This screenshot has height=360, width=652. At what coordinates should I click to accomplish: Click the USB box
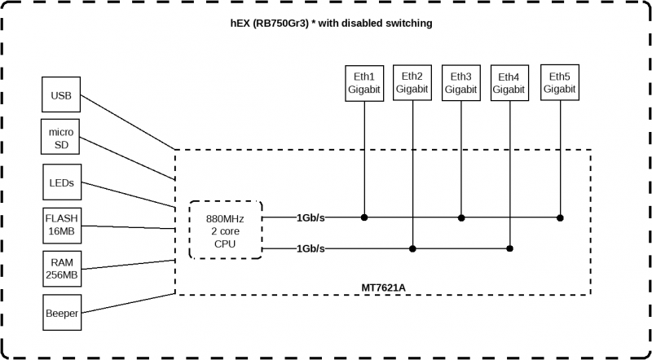click(61, 95)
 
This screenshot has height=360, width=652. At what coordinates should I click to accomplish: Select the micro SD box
click(61, 138)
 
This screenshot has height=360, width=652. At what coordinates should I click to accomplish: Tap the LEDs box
click(61, 182)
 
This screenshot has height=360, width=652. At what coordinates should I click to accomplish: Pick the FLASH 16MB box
click(61, 226)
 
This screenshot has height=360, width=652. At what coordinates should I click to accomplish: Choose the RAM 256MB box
click(61, 270)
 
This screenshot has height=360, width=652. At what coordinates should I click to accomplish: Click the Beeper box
click(61, 313)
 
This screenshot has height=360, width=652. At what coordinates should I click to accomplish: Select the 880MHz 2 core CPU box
click(225, 230)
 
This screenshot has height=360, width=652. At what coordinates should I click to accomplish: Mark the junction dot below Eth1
click(364, 217)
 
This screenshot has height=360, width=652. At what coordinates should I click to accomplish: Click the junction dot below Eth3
click(462, 217)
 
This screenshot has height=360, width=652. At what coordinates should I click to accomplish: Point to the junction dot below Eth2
click(413, 248)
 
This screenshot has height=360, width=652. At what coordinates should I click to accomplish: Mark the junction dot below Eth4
click(510, 248)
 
